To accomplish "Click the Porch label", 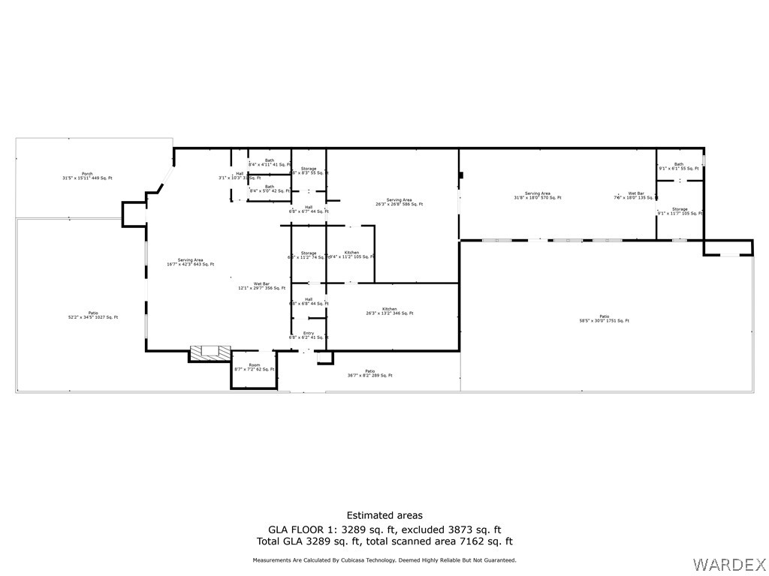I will (x=87, y=176).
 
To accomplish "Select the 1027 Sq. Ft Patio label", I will (x=93, y=315).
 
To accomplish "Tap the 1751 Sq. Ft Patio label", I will (x=604, y=319).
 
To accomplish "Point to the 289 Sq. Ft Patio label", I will (x=369, y=373).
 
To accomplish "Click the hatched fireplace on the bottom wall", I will (x=210, y=352).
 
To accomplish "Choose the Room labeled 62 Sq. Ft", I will (x=254, y=367).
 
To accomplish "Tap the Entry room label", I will (x=309, y=335).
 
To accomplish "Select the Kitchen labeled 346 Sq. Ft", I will (x=389, y=310).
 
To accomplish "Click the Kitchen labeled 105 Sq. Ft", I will (x=351, y=254).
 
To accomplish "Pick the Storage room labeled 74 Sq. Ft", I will (x=309, y=255).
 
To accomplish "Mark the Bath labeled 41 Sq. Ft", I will (x=269, y=162).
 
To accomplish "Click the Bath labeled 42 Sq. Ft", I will (x=269, y=188).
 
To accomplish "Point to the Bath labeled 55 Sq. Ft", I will (x=679, y=166).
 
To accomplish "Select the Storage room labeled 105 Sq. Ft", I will (x=680, y=211).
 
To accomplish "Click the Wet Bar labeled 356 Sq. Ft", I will (x=261, y=286).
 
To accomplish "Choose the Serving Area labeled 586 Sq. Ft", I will (x=400, y=202).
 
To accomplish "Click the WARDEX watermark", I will (x=728, y=562).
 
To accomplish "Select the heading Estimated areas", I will (x=384, y=515).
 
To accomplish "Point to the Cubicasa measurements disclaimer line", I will (x=384, y=560).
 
